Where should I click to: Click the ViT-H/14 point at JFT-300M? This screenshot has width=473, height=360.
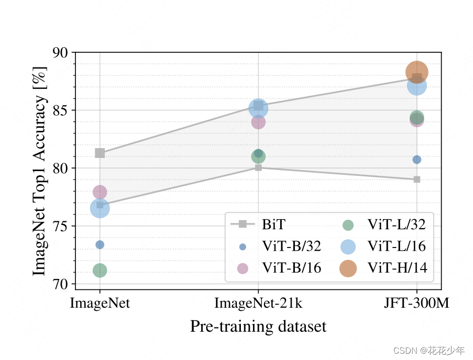pyautogui.click(x=417, y=72)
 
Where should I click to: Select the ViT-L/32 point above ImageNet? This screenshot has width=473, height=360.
pyautogui.click(x=100, y=271)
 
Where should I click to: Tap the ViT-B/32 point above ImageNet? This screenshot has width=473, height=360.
pyautogui.click(x=100, y=245)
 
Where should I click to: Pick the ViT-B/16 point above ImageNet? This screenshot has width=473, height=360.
pyautogui.click(x=100, y=192)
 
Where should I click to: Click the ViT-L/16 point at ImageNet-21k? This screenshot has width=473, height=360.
pyautogui.click(x=258, y=108)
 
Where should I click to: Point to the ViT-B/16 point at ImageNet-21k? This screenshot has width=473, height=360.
pyautogui.click(x=258, y=122)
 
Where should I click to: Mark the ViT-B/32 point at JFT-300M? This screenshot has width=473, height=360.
pyautogui.click(x=417, y=160)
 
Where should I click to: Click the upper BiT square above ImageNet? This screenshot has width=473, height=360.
pyautogui.click(x=100, y=153)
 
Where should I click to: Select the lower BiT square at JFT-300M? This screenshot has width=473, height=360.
pyautogui.click(x=417, y=179)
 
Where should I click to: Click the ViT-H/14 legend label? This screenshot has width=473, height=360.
pyautogui.click(x=397, y=268)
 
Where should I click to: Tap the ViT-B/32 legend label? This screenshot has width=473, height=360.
pyautogui.click(x=291, y=246)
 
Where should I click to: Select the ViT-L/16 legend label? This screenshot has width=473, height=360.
pyautogui.click(x=397, y=246)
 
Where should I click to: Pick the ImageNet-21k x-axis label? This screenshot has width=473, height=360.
pyautogui.click(x=258, y=303)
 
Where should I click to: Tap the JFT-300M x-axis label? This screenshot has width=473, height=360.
pyautogui.click(x=417, y=303)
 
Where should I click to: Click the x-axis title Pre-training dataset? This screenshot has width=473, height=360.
pyautogui.click(x=258, y=327)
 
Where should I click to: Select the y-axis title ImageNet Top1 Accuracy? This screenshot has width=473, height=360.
pyautogui.click(x=40, y=171)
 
